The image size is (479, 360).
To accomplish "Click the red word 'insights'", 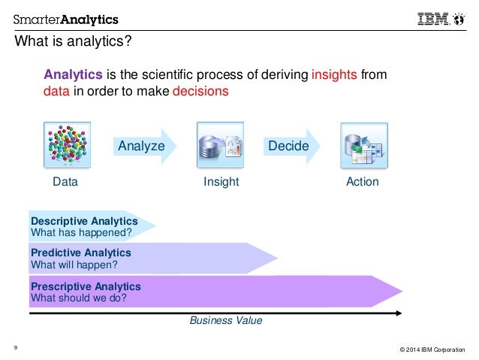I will (334, 74).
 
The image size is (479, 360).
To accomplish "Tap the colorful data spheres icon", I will (67, 145).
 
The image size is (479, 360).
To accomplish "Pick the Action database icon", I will (363, 145).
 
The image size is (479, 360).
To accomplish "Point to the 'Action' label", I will (363, 182).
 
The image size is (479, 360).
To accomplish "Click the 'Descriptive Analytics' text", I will (83, 221).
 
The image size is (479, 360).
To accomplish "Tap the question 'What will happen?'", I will (74, 265).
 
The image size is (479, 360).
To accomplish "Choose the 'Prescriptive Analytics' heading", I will (85, 286).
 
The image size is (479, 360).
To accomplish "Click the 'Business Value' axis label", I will (225, 320).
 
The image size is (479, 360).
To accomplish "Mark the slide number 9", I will (16, 346).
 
